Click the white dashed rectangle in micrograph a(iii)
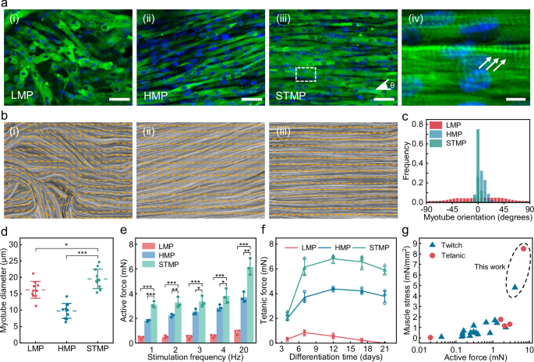coord(306,73)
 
